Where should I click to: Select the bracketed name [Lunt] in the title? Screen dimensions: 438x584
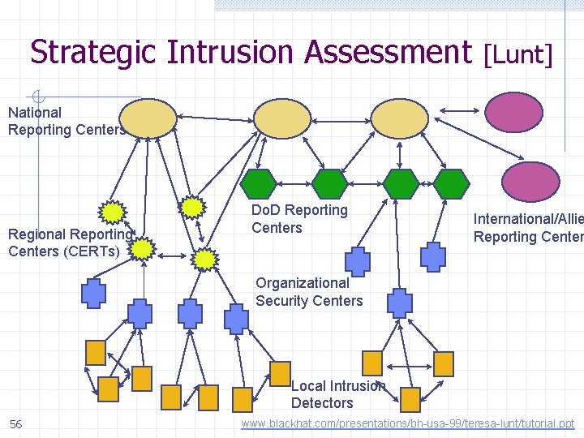[517, 54]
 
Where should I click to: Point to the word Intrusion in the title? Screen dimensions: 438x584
[233, 53]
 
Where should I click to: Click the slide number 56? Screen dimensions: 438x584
[15, 424]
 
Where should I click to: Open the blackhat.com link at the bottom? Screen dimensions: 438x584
[408, 423]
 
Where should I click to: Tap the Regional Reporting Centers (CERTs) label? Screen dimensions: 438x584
[68, 243]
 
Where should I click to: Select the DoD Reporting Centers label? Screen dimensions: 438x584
[299, 219]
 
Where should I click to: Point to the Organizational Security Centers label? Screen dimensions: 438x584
[309, 292]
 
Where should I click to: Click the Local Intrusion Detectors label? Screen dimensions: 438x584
[337, 394]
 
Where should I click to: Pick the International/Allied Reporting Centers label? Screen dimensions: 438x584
[527, 228]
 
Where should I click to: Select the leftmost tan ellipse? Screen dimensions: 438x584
[148, 118]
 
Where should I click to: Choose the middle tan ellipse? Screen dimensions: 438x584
[282, 119]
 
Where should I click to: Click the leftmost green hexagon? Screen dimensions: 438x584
[260, 183]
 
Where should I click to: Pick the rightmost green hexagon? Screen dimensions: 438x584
[451, 183]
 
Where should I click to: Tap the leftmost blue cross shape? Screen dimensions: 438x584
[93, 293]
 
